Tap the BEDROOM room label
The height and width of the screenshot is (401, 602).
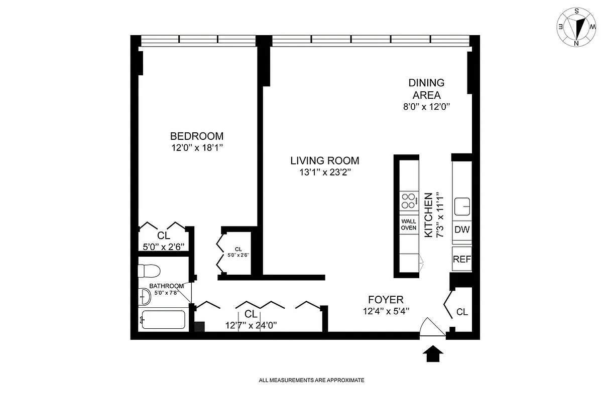[x=196, y=136]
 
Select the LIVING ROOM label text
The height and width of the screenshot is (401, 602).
[x=324, y=161]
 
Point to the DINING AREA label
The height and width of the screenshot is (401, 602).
[x=426, y=89]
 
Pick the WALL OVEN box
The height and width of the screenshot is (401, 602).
[x=409, y=224]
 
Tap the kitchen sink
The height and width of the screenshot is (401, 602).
[x=461, y=206]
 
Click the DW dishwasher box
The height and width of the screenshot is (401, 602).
[x=461, y=230]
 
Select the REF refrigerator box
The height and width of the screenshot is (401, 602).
[x=461, y=259]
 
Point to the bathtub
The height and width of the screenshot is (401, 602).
[x=163, y=319]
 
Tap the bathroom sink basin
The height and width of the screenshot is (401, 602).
[x=144, y=297]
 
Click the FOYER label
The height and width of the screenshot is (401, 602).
[x=386, y=300]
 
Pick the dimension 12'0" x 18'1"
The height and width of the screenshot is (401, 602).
[x=196, y=148]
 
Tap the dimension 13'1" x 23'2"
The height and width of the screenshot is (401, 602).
[x=324, y=173]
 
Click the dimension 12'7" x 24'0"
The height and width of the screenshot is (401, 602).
[x=251, y=325]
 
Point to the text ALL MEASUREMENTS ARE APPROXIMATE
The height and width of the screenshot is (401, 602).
[x=311, y=380]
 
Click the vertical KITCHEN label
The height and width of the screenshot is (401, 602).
[x=428, y=215]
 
